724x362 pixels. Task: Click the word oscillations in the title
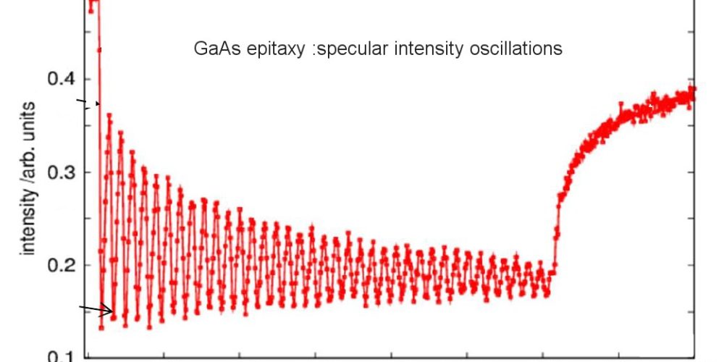(515, 49)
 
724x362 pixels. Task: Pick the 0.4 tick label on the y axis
(62, 79)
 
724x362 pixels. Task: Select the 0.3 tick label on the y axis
(62, 172)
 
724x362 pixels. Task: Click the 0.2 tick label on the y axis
(62, 266)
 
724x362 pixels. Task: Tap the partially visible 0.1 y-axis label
(62, 357)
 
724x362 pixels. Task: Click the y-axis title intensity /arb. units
(28, 178)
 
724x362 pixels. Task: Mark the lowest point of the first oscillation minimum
(101, 328)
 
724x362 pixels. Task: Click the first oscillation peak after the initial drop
(109, 115)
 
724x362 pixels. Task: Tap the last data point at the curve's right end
(693, 89)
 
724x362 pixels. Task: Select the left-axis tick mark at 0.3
(88, 172)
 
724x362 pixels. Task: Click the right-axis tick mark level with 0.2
(691, 266)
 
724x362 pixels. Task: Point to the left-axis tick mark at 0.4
(88, 79)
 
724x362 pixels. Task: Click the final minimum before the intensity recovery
(547, 295)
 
